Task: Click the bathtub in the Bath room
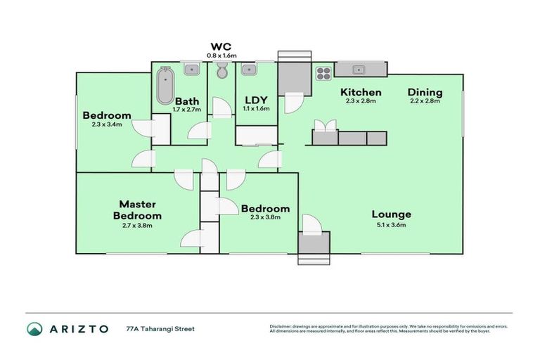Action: (165, 85)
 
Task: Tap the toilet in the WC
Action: (222, 71)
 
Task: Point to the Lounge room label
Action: (391, 214)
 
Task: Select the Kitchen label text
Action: (361, 92)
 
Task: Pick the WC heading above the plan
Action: (221, 46)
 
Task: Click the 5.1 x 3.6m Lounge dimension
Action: (391, 225)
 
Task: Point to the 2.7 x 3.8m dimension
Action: (138, 226)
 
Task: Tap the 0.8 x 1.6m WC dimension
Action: (221, 55)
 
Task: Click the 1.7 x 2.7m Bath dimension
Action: (187, 110)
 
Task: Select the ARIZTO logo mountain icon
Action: (34, 328)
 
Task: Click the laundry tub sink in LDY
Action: (249, 70)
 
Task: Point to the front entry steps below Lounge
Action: (313, 259)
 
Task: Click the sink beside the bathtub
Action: (191, 69)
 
